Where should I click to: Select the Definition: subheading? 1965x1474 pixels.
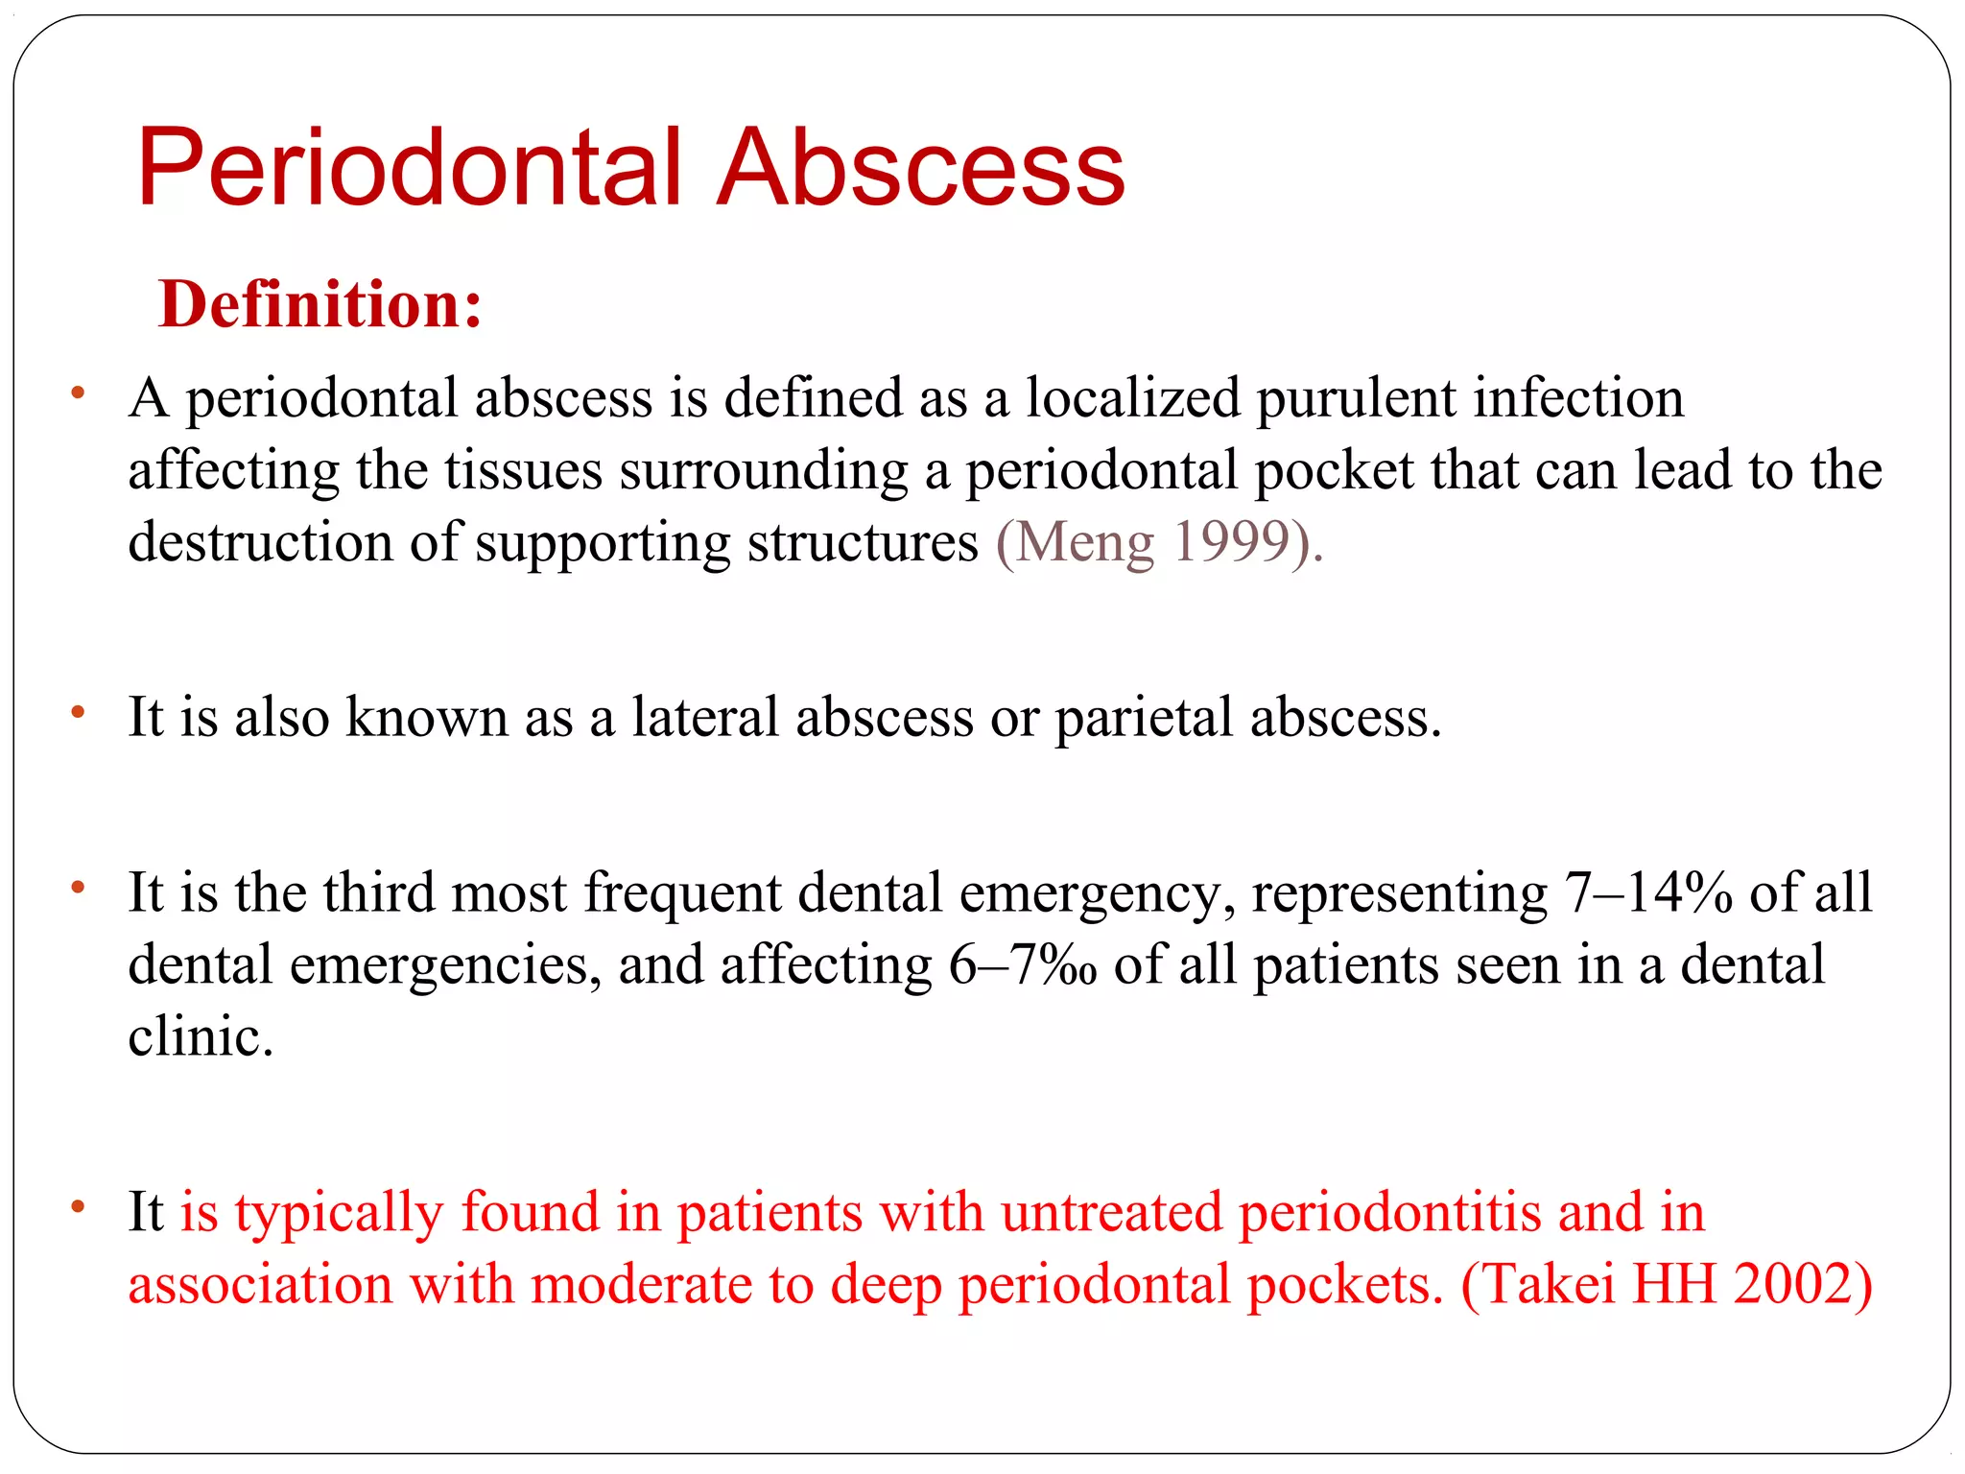pos(320,304)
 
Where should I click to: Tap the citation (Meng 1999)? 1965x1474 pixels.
pos(1159,542)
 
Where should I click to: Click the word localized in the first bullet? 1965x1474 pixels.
pos(1133,398)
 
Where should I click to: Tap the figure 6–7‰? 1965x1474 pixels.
pos(1023,964)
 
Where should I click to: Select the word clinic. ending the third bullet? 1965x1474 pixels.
pos(201,1036)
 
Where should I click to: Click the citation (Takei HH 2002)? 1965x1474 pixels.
pos(1667,1284)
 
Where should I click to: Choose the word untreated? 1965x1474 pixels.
pos(1111,1212)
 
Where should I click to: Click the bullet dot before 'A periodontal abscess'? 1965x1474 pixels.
pos(79,392)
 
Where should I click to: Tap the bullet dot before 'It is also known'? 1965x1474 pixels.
pos(79,712)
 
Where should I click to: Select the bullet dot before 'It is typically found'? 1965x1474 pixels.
pos(79,1206)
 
